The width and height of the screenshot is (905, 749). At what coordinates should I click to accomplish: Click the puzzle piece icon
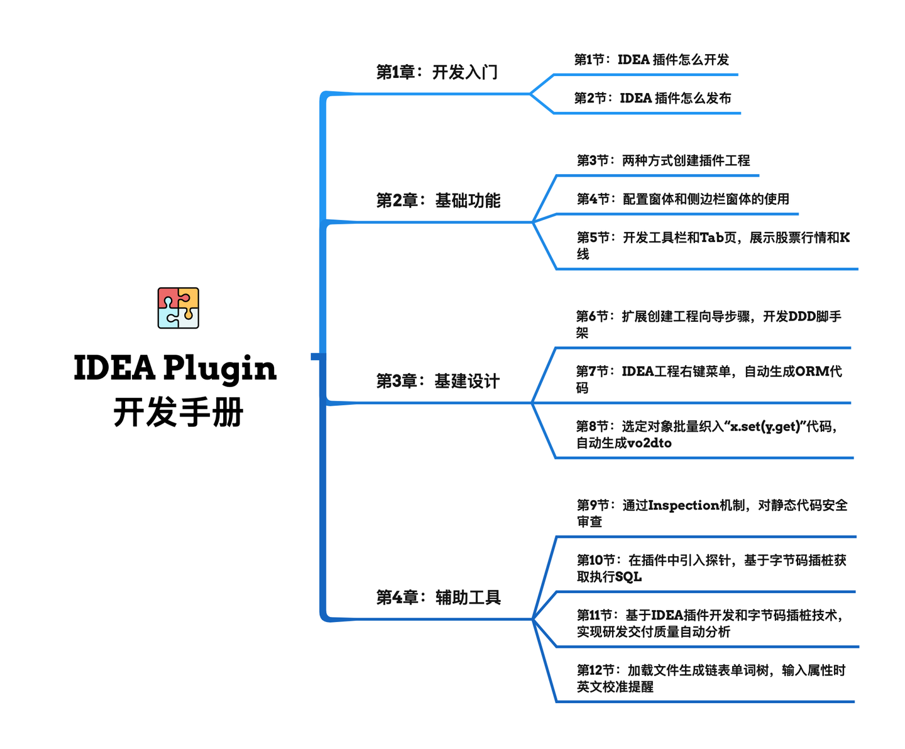pyautogui.click(x=178, y=308)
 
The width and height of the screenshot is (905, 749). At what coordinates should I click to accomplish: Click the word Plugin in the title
pyautogui.click(x=220, y=369)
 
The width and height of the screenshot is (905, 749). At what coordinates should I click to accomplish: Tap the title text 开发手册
pyautogui.click(x=178, y=413)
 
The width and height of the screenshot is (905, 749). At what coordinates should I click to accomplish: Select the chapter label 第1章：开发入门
pyautogui.click(x=437, y=72)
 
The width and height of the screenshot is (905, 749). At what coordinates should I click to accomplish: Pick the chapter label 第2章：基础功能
pyautogui.click(x=438, y=200)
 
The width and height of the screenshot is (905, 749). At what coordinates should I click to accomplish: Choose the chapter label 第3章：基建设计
pyautogui.click(x=437, y=381)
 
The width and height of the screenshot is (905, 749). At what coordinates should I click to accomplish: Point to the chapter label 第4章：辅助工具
pyautogui.click(x=438, y=597)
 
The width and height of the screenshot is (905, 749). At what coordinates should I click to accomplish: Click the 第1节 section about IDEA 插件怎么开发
pyautogui.click(x=651, y=60)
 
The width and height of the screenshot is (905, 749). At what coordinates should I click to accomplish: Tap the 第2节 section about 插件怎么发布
pyautogui.click(x=652, y=98)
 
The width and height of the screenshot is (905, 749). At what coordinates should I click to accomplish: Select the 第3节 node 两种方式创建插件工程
pyautogui.click(x=663, y=160)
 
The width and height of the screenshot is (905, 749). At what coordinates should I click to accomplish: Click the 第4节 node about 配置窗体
pyautogui.click(x=683, y=199)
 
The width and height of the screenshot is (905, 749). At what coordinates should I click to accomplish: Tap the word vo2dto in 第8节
pyautogui.click(x=649, y=444)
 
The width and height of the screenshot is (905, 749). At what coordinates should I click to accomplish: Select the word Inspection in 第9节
pyautogui.click(x=683, y=505)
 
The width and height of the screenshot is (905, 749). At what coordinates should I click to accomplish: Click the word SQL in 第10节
pyautogui.click(x=628, y=577)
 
